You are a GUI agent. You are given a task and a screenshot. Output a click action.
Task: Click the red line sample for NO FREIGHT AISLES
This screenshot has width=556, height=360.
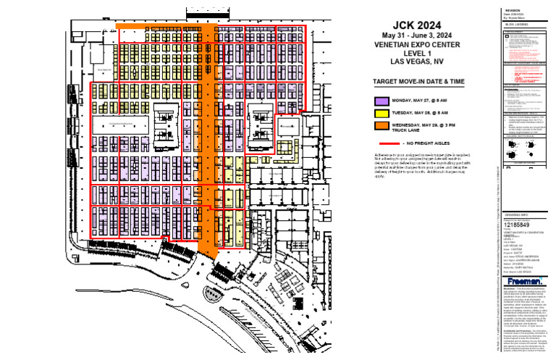point(382,144)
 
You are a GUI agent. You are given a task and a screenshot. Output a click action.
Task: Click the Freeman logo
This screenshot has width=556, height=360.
point(525,280)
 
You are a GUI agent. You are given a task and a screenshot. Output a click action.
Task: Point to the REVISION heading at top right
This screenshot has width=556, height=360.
point(513,11)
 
